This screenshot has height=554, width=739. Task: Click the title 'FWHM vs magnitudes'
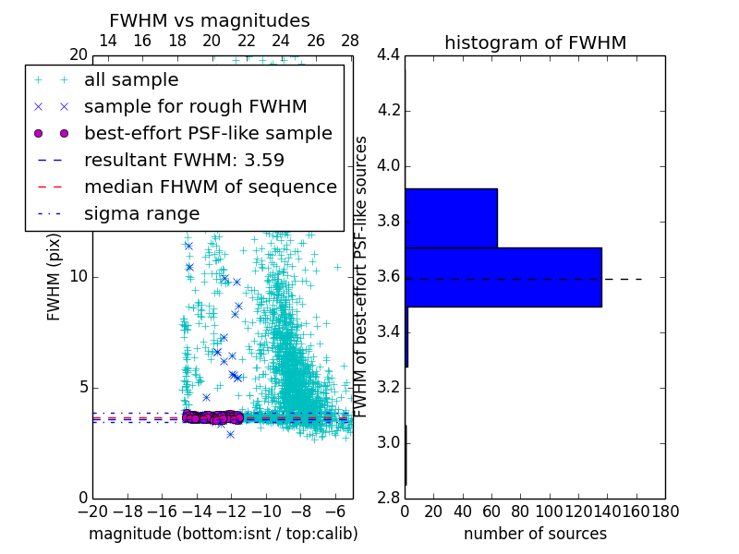point(210,20)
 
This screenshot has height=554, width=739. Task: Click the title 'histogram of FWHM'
point(535,42)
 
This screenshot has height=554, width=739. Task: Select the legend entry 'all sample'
point(131,80)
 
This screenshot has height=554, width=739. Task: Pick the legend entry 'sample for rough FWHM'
point(195,106)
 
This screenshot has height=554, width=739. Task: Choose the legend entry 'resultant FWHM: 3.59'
point(184,160)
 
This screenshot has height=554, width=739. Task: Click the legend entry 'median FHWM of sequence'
point(210,187)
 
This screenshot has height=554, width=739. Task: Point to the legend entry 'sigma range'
point(141,213)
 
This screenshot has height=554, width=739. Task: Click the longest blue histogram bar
point(503,277)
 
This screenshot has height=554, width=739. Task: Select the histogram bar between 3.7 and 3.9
point(451,218)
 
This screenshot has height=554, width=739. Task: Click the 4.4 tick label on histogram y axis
point(389,55)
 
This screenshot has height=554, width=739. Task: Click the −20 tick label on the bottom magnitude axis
point(92,512)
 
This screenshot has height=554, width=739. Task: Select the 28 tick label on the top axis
point(350,41)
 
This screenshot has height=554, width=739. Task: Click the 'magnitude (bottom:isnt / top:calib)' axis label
point(223,534)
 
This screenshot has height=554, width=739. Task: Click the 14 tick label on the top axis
point(107,41)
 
